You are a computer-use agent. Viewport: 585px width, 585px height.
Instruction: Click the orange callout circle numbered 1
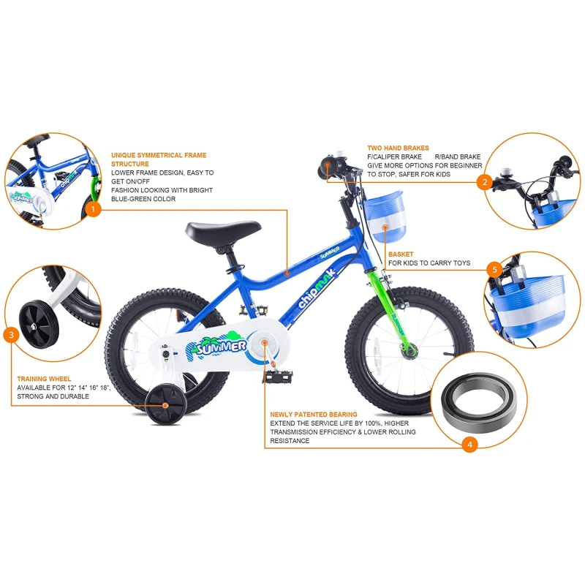pos(93,209)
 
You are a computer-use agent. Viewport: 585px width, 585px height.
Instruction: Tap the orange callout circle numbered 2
pos(485,182)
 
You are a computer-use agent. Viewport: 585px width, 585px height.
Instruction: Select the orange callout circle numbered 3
pos(11,335)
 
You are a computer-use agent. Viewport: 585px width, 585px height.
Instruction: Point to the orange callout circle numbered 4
pos(469,445)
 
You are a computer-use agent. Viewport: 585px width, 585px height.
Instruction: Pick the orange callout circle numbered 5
pos(495,269)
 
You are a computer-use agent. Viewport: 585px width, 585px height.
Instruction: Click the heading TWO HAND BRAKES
pos(398,148)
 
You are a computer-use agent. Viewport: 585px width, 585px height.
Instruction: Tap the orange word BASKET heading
pos(401,254)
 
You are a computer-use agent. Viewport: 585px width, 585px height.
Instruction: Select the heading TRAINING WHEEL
pos(44,379)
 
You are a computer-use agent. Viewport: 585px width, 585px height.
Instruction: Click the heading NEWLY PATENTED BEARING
pos(314,415)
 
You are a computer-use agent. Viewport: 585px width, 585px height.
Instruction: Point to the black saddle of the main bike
pos(223,230)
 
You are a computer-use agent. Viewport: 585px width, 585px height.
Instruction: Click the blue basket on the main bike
pos(385,216)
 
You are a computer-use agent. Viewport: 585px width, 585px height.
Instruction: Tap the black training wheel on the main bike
pos(166,406)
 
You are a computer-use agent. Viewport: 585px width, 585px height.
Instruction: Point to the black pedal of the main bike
pos(278,377)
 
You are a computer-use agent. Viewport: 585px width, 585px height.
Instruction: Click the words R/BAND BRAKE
pos(458,156)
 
